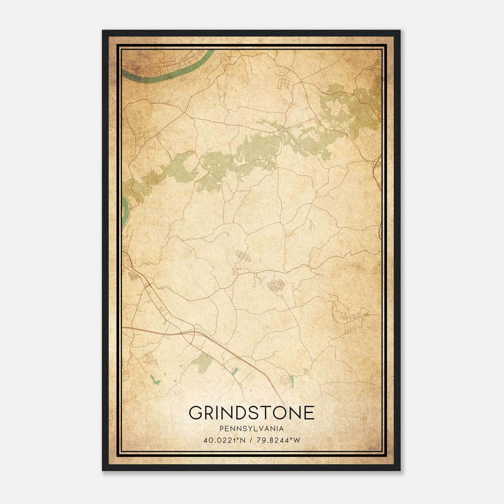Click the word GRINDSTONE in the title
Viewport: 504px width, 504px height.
(251, 413)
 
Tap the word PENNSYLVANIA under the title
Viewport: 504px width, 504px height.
(251, 429)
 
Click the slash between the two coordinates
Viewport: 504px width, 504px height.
(251, 440)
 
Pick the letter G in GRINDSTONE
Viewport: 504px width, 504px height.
(196, 413)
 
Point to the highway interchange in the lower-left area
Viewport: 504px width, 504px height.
(192, 332)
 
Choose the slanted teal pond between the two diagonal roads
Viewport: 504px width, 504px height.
(235, 371)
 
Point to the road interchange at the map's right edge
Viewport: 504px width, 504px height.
(376, 164)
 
